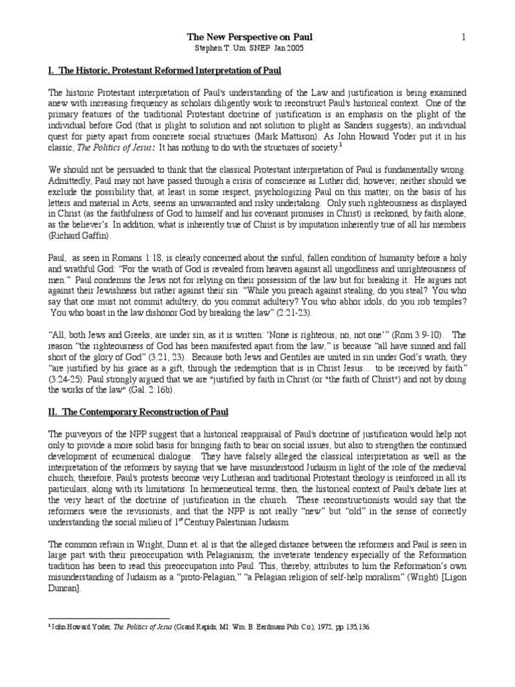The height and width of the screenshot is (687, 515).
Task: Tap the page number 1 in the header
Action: (463, 38)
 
